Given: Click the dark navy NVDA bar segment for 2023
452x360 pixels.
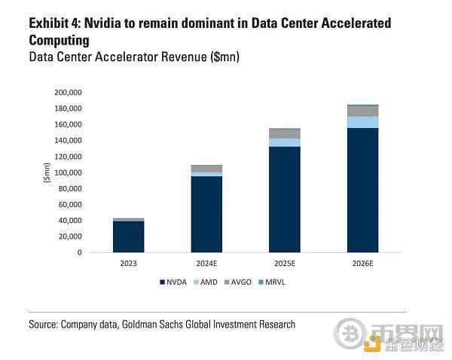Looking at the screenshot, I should tap(128, 236).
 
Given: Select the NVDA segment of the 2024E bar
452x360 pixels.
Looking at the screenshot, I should tap(206, 214).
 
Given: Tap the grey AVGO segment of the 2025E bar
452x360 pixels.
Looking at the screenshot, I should tap(284, 133).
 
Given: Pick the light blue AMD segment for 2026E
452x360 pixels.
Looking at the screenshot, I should tap(362, 122).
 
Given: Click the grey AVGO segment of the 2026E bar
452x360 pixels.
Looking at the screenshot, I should tap(362, 111).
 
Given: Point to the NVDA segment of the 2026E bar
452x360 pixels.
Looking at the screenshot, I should tap(362, 190).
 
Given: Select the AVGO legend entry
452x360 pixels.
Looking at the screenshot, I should tap(239, 282).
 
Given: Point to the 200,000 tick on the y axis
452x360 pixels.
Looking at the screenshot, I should tap(67, 93).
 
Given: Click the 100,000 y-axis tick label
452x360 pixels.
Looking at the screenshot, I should tap(67, 172).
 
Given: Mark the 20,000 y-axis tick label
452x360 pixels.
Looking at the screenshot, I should tap(69, 236).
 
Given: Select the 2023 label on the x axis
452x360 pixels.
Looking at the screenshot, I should tap(128, 264).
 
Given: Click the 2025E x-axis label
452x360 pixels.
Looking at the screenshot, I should tap(284, 264).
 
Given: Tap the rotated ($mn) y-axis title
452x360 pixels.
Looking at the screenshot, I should tap(47, 172).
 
